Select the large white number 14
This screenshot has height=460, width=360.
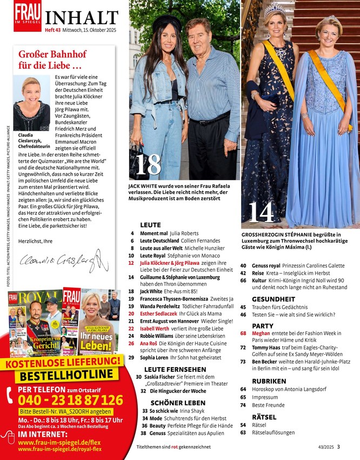[261, 212]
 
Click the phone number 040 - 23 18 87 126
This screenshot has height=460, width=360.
[70, 401]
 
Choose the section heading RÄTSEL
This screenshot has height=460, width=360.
[264, 417]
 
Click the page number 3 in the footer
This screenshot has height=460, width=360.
[338, 446]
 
